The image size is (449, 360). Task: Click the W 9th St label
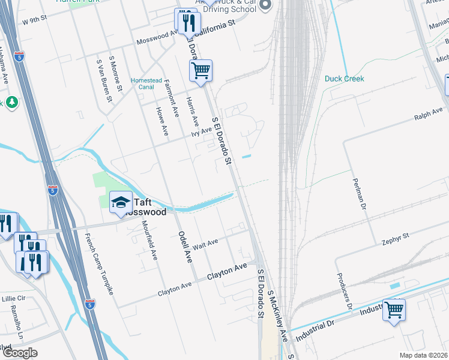tap(34, 20)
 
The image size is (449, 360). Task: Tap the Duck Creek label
tap(345, 79)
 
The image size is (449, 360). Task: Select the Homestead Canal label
tap(143, 83)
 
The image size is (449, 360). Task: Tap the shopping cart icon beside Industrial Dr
tap(394, 310)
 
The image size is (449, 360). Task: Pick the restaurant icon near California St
tap(187, 22)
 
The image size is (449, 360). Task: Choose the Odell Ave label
tap(184, 247)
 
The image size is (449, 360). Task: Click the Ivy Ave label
tap(202, 130)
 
